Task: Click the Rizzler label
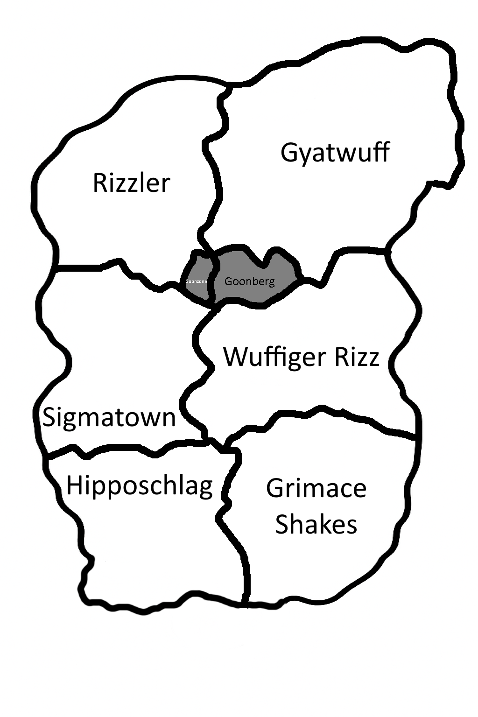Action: tap(131, 183)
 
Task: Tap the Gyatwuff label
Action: tap(335, 153)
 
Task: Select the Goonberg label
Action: tap(249, 281)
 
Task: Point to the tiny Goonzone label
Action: tap(196, 281)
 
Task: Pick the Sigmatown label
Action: tap(109, 417)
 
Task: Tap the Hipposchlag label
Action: tap(139, 486)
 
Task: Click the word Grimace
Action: tap(316, 488)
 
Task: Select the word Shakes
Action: tap(316, 524)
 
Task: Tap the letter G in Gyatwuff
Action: tap(290, 153)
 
